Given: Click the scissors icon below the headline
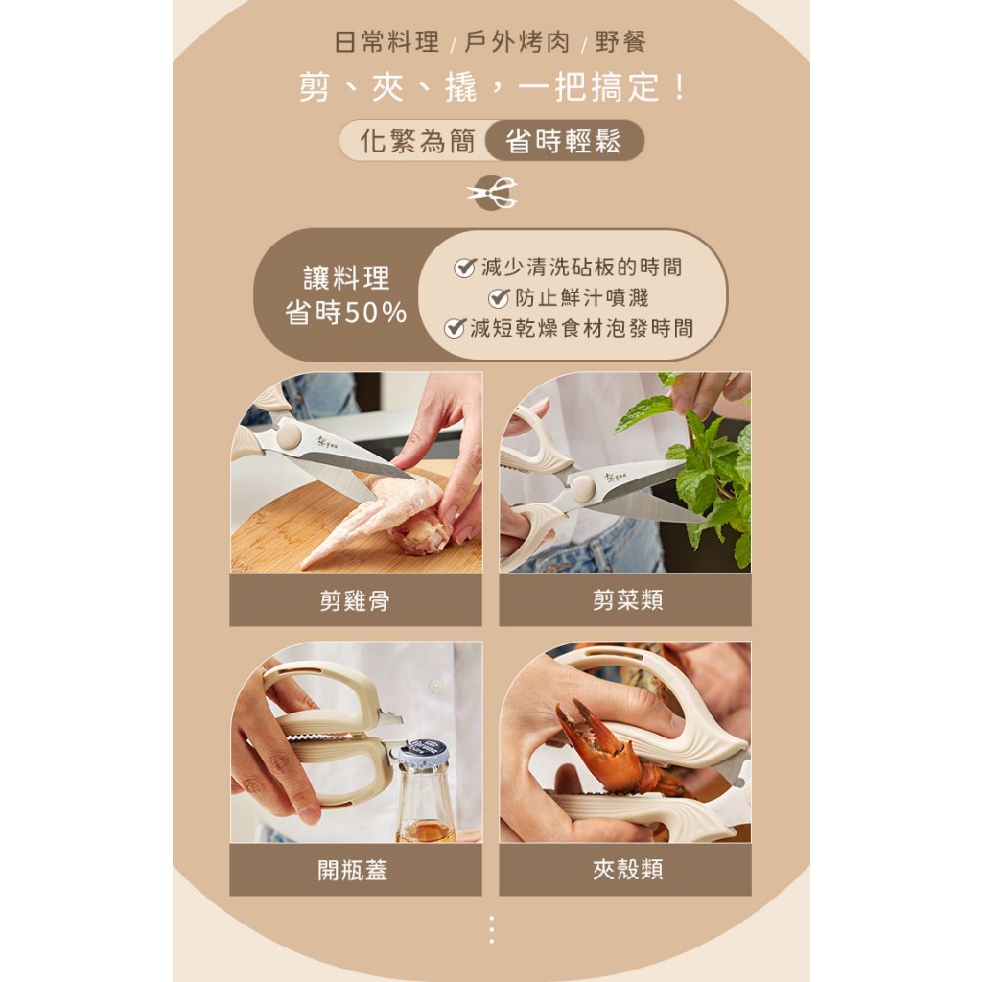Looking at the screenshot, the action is [492, 192].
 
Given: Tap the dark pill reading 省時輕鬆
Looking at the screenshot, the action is [564, 140].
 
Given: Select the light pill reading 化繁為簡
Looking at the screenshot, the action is [416, 140].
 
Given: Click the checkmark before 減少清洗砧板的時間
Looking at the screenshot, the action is [465, 268].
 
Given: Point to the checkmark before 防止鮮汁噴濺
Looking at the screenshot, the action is [499, 297].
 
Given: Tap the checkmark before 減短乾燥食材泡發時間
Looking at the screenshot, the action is [455, 328].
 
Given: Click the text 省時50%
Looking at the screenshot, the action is [345, 312].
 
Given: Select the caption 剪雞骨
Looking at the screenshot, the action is [355, 600].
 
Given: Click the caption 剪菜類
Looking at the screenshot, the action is [627, 600].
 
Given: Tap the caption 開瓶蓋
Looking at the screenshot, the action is [353, 870].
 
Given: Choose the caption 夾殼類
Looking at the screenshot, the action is [627, 869].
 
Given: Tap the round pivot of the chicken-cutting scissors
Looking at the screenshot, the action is [289, 436].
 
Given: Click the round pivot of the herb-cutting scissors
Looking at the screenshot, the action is [582, 487].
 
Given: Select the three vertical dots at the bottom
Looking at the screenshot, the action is [492, 929].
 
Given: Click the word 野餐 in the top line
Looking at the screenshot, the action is [620, 42].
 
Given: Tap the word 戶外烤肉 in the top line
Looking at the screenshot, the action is [517, 42].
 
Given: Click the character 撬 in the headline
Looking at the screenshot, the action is [461, 87].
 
